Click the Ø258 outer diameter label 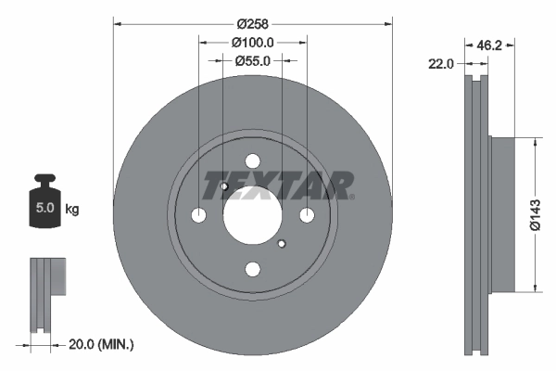tap(252, 21)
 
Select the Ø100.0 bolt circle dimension tap(252, 42)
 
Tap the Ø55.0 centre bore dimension tap(252, 60)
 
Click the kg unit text tap(72, 210)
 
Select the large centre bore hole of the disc tap(252, 214)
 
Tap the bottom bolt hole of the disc tap(252, 269)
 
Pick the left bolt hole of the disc tap(198, 215)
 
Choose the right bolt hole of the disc tap(306, 215)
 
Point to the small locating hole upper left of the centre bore tap(224, 187)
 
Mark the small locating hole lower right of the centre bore tap(281, 244)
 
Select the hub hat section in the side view tap(500, 215)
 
